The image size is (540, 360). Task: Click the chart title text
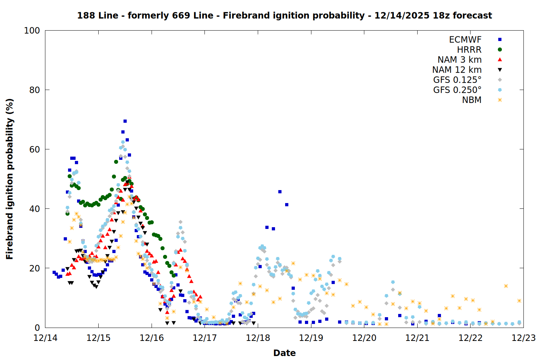pos(284,15)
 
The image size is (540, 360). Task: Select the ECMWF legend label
pos(465,40)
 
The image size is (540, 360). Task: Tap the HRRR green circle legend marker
pos(500,50)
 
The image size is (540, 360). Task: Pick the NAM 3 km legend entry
pos(459,60)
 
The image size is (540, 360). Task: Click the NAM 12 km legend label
pos(457,70)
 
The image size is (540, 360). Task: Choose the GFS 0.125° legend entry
pos(457,80)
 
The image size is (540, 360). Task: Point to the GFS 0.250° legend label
pos(457,90)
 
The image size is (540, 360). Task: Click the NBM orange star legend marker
pos(500,100)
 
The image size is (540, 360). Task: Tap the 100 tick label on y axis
pos(32,31)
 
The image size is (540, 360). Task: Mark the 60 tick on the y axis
pos(35,149)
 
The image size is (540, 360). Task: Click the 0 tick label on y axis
pos(37,328)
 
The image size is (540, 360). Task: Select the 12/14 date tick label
pos(45,338)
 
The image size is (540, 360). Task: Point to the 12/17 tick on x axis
pos(205,338)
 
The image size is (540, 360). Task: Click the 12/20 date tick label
pos(364,338)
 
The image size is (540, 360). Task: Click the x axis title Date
pos(284,353)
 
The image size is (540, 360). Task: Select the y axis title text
pos(10,179)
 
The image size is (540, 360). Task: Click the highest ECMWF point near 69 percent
pos(125,121)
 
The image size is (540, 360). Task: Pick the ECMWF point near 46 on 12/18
pos(280,192)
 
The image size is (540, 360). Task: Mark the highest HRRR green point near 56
pos(116,162)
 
